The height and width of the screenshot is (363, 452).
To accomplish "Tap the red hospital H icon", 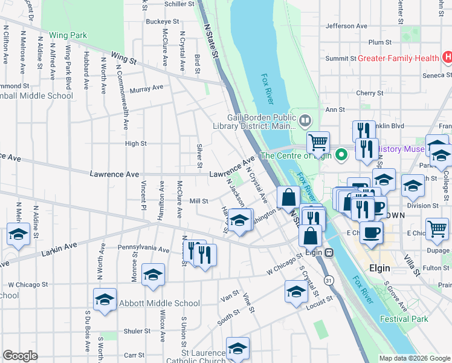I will [447, 58].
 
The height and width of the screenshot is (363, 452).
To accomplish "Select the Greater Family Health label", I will [398, 59].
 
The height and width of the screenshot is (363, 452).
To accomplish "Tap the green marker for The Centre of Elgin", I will [341, 155].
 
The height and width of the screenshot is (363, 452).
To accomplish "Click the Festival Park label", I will [404, 319].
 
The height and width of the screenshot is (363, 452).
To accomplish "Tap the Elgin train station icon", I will [329, 252].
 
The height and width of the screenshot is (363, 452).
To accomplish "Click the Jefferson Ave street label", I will [346, 26].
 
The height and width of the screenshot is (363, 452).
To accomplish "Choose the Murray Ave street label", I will [147, 88].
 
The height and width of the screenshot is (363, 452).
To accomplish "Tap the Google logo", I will [20, 356].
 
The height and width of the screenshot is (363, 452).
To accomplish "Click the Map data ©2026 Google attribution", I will [415, 358].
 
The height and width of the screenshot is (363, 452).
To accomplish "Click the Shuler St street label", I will [137, 331].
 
